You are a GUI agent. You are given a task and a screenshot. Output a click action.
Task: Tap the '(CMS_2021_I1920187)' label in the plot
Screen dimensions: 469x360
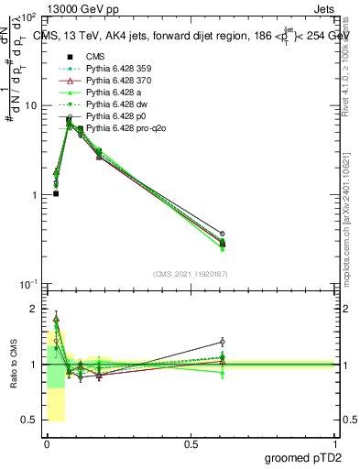tap(191, 274)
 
